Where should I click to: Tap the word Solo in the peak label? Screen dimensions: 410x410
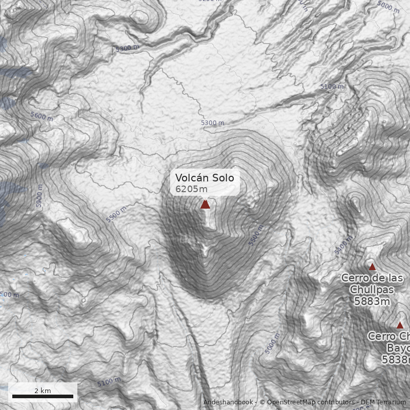point(221,178)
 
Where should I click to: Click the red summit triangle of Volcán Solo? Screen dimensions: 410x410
point(205,204)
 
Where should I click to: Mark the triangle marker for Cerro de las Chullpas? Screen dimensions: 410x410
point(372,267)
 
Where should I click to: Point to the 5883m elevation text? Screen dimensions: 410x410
point(372,301)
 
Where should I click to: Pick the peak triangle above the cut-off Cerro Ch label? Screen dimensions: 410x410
point(400,325)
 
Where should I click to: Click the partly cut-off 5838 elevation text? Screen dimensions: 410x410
point(396,360)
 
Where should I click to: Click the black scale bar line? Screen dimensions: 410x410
point(43,396)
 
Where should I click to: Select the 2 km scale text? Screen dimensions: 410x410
point(43,391)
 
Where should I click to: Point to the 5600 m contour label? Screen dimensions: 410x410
point(42,116)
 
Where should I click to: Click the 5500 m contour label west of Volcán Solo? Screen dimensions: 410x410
point(116,215)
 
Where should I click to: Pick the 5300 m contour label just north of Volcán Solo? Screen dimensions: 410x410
point(212,123)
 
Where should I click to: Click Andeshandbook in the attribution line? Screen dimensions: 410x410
point(228,402)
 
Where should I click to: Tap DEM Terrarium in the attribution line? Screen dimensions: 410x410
point(383,402)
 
